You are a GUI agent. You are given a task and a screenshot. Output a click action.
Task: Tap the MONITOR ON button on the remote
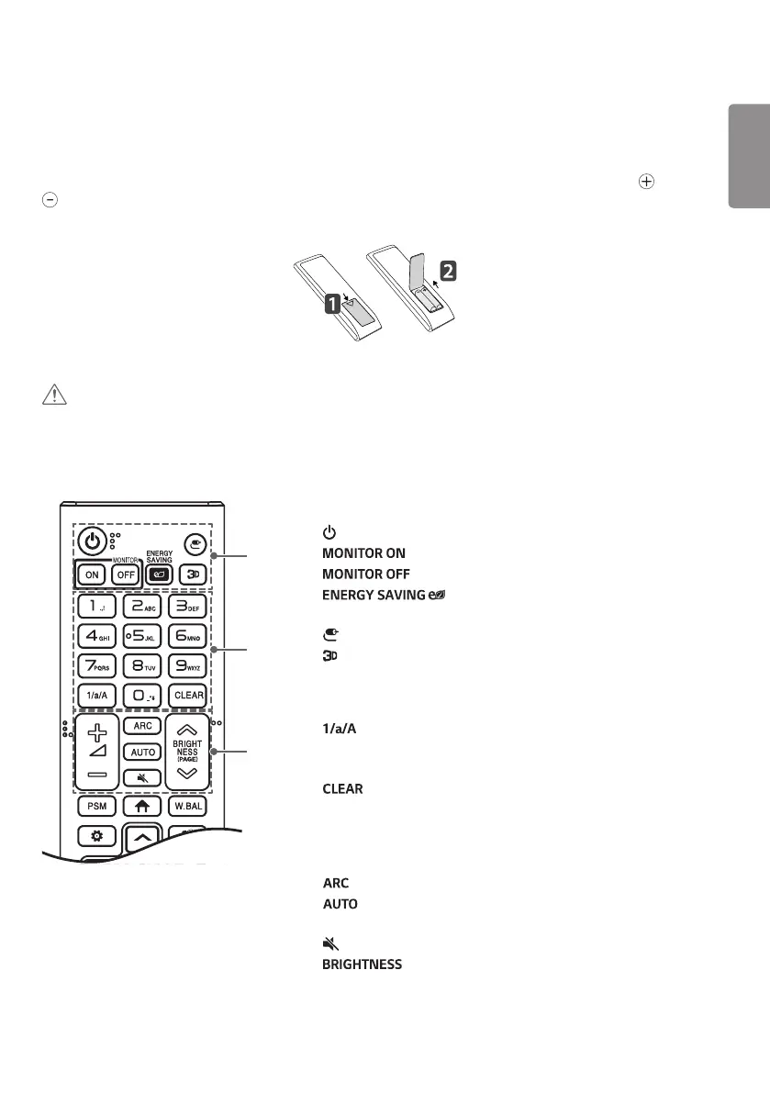coord(93,574)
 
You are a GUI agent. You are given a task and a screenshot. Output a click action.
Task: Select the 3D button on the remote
coord(189,574)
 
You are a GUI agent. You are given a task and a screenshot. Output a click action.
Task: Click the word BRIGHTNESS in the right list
coord(362,965)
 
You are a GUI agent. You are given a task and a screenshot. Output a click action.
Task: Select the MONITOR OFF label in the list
coord(365,574)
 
